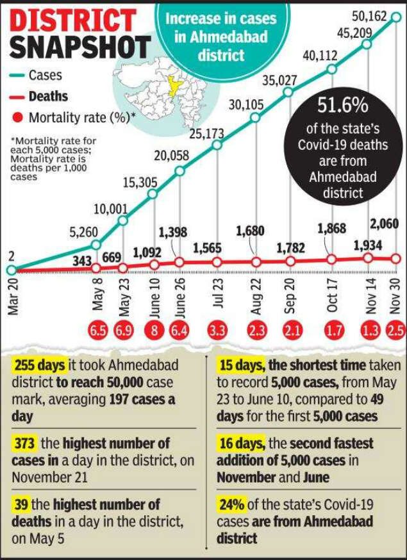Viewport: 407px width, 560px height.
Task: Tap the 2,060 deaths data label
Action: (x=385, y=224)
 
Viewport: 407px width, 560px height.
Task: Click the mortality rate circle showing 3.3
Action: (x=218, y=332)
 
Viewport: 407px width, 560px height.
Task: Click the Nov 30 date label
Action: (x=395, y=297)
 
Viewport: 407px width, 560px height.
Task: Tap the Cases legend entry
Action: (x=45, y=76)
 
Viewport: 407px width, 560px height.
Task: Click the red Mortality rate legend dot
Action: (x=18, y=118)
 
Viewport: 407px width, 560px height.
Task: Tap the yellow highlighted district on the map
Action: (x=172, y=87)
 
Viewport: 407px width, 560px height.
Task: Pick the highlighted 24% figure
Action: (x=231, y=504)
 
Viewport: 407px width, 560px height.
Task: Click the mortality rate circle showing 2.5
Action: (x=395, y=332)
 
